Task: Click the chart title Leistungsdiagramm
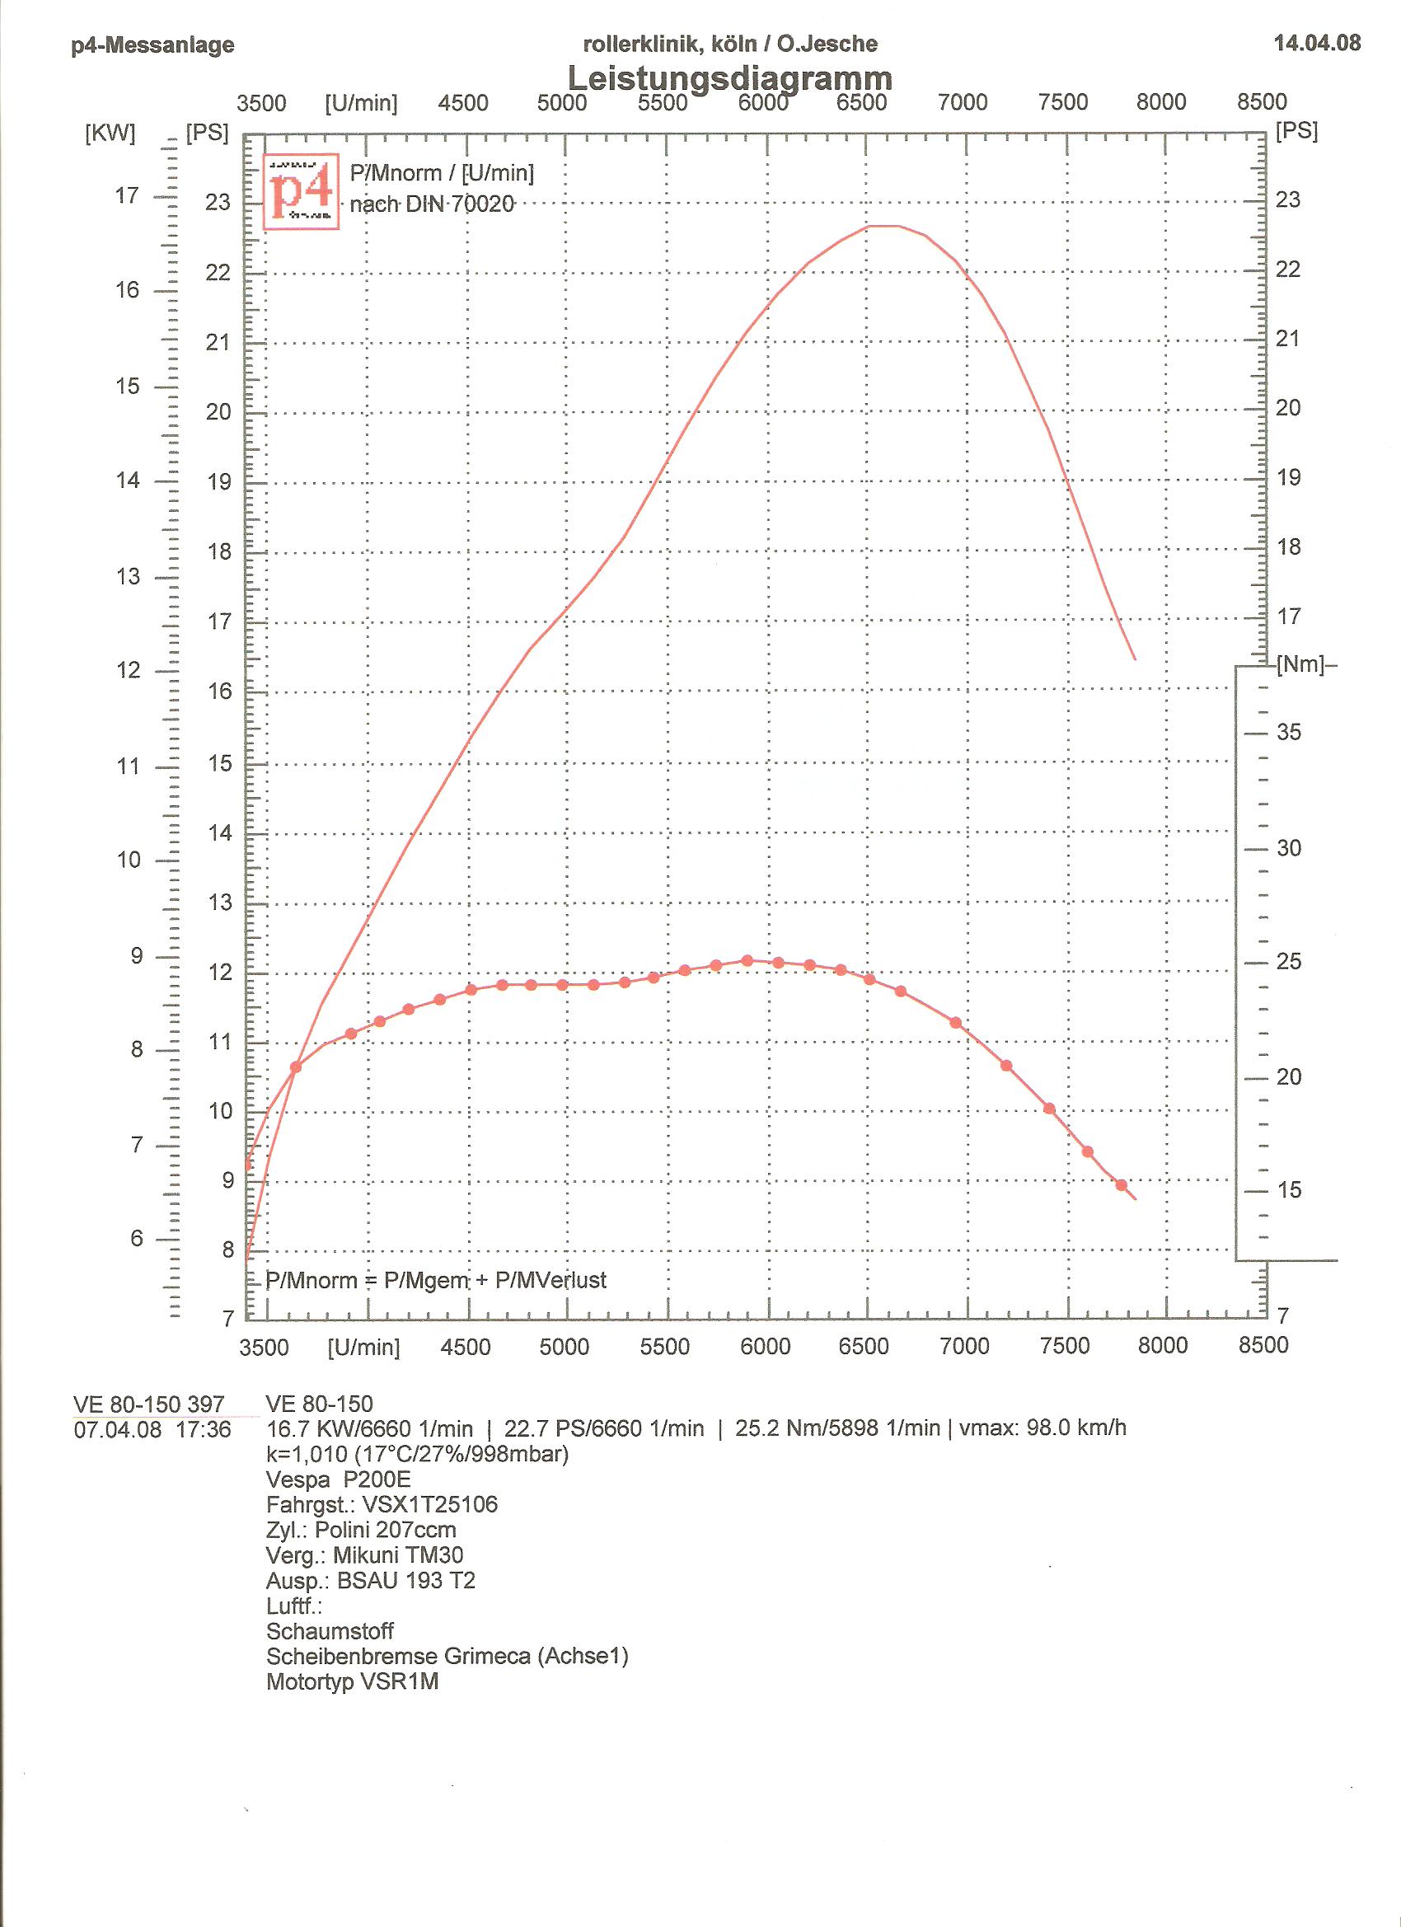[x=729, y=78]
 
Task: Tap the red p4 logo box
[x=302, y=191]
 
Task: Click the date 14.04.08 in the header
[x=1317, y=44]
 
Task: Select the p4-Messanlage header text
[x=153, y=45]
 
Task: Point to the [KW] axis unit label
[x=110, y=134]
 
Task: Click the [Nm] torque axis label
[x=1300, y=665]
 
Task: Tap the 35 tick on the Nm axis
[x=1288, y=733]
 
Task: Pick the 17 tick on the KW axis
[x=127, y=196]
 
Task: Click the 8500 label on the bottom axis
[x=1263, y=1346]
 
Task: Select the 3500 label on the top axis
[x=260, y=104]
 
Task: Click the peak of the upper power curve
[x=883, y=226]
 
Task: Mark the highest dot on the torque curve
[x=747, y=960]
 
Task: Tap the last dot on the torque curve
[x=1122, y=1185]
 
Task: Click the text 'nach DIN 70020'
[x=432, y=204]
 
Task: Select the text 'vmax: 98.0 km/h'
[x=1043, y=1428]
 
